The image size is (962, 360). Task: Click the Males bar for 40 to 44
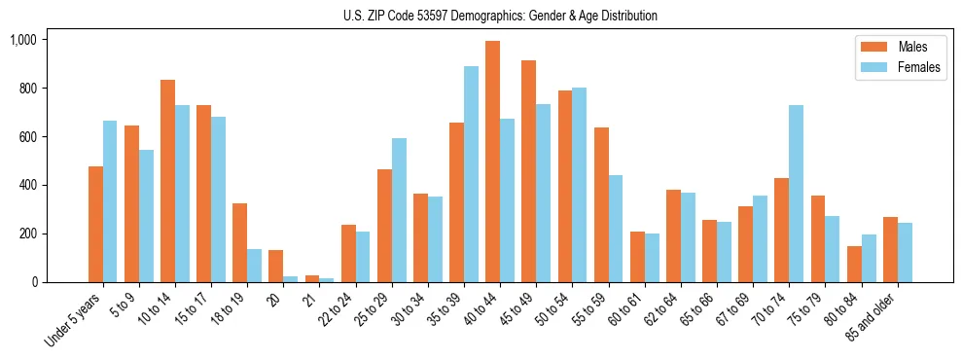pos(493,162)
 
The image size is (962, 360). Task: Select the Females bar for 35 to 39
pos(471,174)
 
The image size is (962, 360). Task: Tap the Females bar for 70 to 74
pos(796,194)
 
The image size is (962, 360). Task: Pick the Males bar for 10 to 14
pos(168,181)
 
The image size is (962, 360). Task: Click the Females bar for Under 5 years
pos(110,201)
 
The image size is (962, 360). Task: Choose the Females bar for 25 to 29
pos(399,210)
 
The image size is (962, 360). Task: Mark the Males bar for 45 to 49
pos(529,171)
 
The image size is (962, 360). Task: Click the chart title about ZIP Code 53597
pos(500,16)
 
